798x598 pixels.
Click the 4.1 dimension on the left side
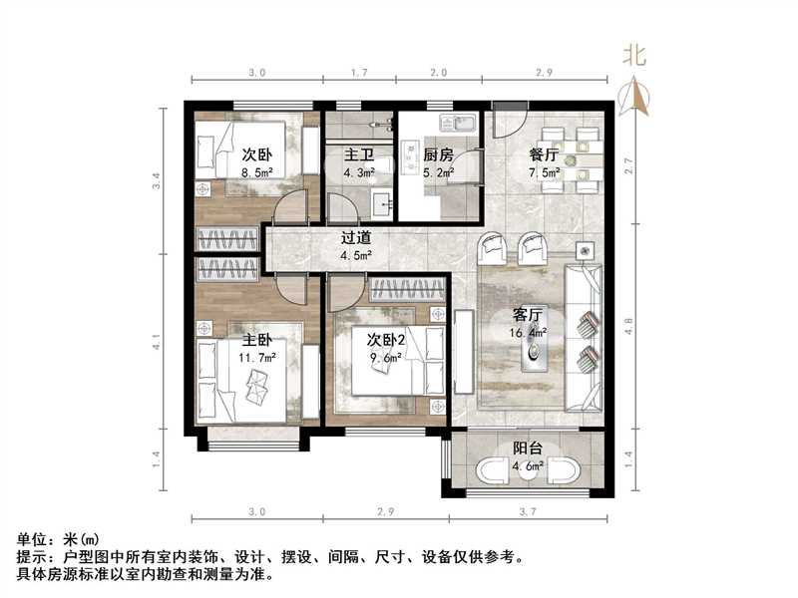coord(157,345)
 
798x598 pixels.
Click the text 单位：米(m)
coord(58,540)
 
